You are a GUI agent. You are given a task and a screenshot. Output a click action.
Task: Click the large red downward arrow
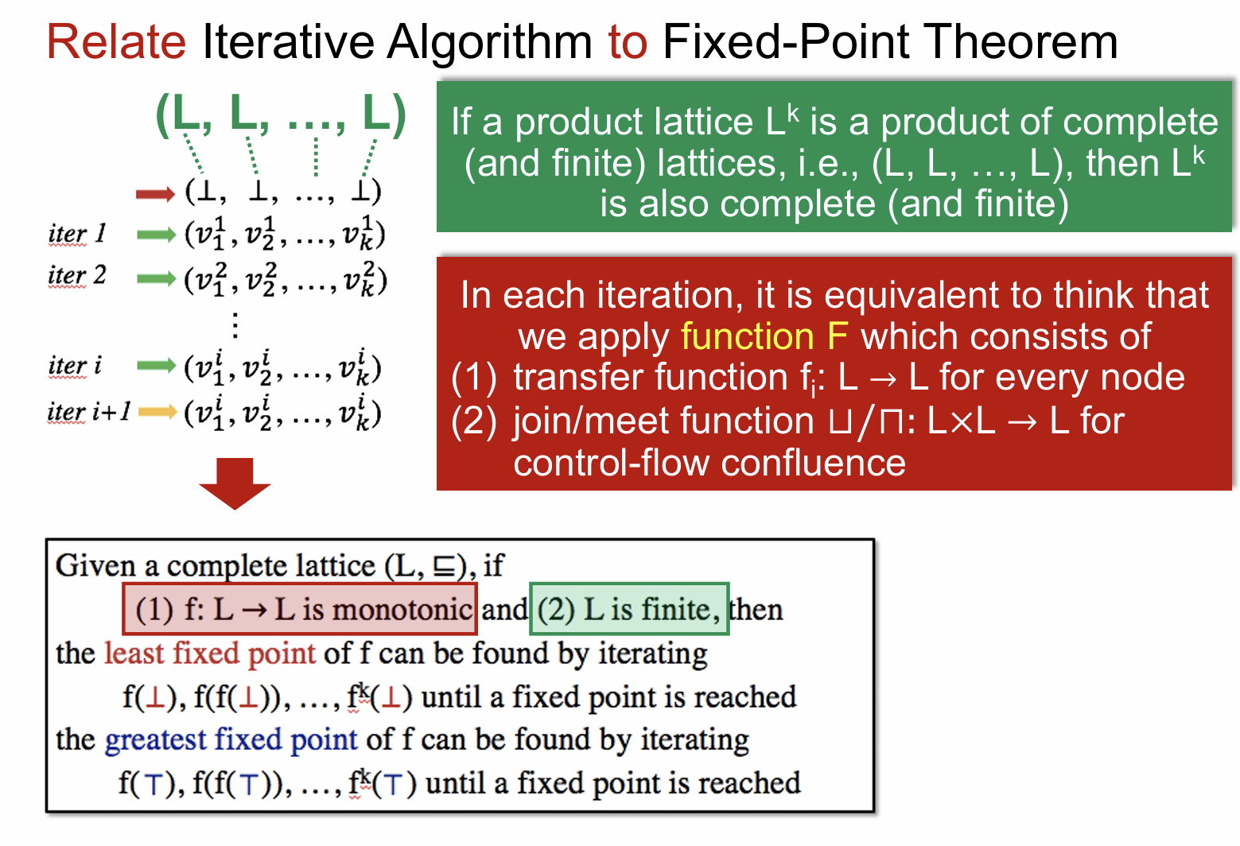tap(235, 483)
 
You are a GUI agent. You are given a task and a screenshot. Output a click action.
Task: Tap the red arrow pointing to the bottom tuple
tap(156, 194)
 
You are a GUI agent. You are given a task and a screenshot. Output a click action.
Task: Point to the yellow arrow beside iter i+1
tap(157, 411)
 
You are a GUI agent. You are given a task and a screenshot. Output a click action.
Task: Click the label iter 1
tap(76, 234)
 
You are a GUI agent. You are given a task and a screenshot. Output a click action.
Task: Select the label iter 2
tap(77, 276)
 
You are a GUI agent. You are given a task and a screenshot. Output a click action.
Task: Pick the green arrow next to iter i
tap(157, 365)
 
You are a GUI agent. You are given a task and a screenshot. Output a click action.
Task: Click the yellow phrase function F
tap(764, 336)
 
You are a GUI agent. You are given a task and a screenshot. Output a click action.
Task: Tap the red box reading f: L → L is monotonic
tap(300, 608)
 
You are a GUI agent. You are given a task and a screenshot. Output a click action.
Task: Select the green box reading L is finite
tap(629, 608)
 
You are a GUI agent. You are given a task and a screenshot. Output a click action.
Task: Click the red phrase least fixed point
tap(210, 654)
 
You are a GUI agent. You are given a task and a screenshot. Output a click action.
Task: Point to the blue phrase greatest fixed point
tap(231, 739)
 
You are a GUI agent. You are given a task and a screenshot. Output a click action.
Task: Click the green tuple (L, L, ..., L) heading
tap(282, 114)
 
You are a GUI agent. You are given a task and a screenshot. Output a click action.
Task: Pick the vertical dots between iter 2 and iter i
tap(235, 324)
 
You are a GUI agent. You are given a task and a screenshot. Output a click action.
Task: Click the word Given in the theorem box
tap(95, 566)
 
